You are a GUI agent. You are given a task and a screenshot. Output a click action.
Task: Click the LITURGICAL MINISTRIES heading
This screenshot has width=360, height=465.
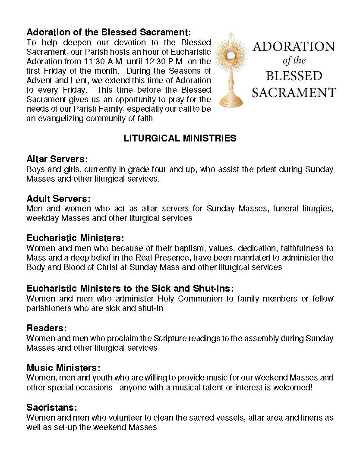180,138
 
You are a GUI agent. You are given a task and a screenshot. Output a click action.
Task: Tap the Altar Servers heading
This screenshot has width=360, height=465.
57,159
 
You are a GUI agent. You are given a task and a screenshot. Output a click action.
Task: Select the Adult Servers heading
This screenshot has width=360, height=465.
58,199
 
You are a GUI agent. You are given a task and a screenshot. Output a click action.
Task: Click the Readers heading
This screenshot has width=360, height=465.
47,328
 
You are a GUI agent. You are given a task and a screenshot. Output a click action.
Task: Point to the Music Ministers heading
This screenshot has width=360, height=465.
63,368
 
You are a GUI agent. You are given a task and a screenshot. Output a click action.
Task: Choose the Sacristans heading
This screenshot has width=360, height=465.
52,408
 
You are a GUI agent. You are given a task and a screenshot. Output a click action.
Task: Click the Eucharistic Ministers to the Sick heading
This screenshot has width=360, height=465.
130,289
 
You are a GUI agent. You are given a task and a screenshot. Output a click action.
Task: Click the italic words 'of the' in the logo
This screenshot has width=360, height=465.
294,61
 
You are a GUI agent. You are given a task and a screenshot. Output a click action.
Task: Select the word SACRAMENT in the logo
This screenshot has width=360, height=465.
294,92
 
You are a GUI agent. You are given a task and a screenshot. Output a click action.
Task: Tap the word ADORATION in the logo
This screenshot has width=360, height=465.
294,47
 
